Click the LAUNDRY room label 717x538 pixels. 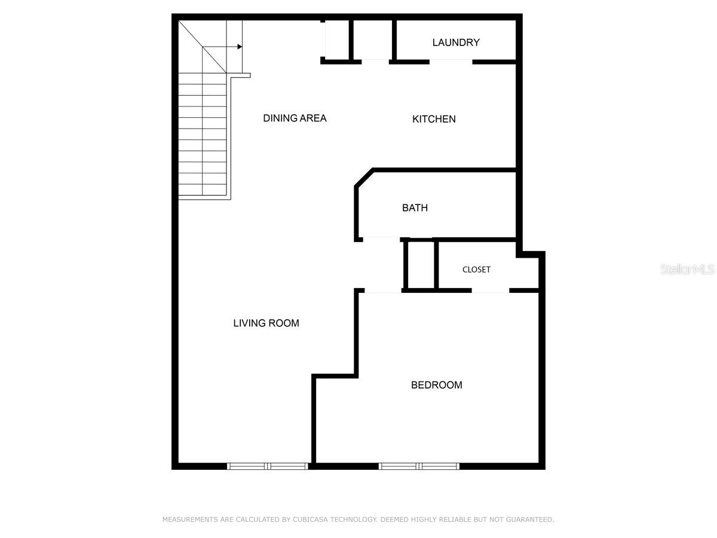(456, 42)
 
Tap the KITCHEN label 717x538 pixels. (434, 119)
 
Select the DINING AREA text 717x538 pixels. (295, 118)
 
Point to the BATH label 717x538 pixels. (415, 208)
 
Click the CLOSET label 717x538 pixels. (476, 270)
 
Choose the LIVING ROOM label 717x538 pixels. (266, 323)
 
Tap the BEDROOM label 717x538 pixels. (436, 385)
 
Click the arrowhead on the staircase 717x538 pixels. (239, 46)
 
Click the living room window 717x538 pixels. (268, 466)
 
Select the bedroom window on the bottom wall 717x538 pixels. (419, 466)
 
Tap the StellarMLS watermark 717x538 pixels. (687, 270)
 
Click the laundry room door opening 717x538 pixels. (451, 61)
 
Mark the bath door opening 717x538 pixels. (381, 239)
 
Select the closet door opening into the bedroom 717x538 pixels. (490, 291)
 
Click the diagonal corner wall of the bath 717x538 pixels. (364, 178)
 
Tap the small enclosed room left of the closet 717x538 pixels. (421, 265)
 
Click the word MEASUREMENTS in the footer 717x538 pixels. (191, 519)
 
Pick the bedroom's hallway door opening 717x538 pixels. (382, 291)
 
